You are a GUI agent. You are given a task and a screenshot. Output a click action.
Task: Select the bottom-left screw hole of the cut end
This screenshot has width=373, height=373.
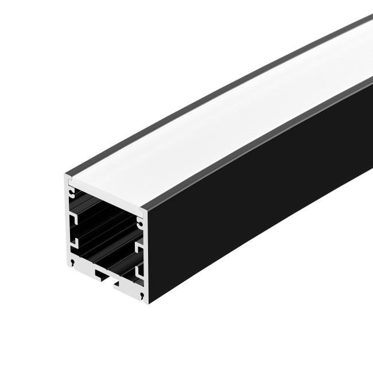[x=73, y=263]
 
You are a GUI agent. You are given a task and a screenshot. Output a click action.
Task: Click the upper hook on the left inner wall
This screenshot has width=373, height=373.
[x=74, y=219]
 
